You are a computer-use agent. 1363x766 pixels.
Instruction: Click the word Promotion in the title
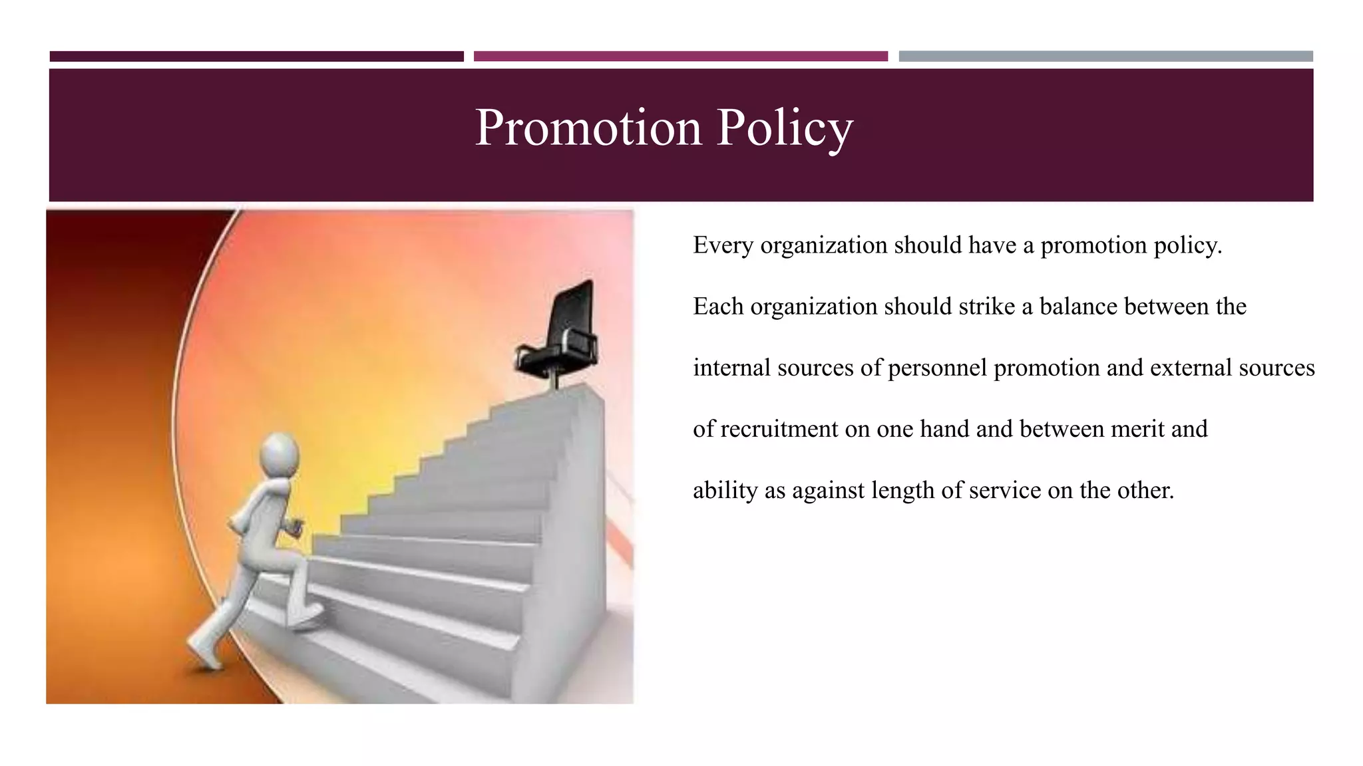pos(588,127)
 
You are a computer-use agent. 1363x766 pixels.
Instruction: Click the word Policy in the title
pos(785,127)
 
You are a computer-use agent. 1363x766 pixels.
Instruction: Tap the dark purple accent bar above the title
pos(256,57)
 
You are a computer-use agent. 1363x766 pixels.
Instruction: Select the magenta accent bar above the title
pos(680,57)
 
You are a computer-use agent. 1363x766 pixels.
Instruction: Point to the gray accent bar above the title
pos(1105,57)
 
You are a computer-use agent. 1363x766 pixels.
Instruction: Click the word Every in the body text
pos(723,245)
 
